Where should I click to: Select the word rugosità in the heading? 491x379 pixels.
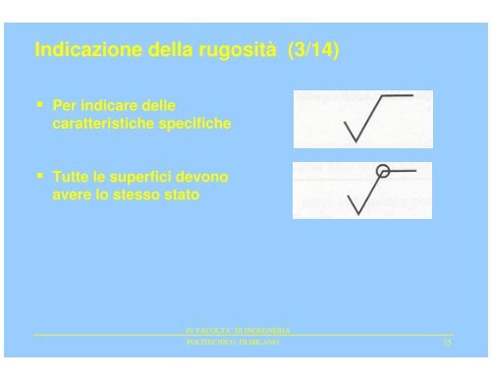(x=237, y=49)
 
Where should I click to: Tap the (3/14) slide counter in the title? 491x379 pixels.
(x=314, y=49)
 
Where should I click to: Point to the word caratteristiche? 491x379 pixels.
(x=104, y=125)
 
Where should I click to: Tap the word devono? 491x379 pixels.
(x=204, y=177)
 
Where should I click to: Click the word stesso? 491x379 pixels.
(x=148, y=193)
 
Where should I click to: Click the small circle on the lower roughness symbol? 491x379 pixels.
(x=384, y=171)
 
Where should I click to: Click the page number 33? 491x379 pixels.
(x=447, y=342)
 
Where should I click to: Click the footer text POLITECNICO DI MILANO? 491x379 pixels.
(x=232, y=342)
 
